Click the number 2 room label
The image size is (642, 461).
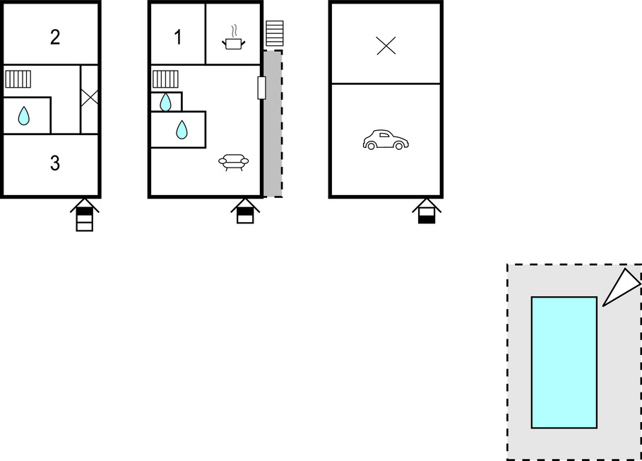[x=55, y=37]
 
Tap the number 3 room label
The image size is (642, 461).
[x=55, y=163]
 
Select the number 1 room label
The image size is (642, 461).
[x=178, y=37]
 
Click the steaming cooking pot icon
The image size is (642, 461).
[x=233, y=37]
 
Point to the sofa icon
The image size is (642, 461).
[x=233, y=163]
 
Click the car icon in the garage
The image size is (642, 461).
[x=386, y=140]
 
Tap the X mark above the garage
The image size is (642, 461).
[x=386, y=45]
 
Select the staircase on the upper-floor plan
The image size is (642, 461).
[x=18, y=79]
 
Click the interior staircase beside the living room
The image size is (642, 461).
[x=165, y=79]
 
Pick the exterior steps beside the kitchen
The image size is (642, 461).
[x=274, y=34]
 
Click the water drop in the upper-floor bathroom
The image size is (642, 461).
[x=24, y=116]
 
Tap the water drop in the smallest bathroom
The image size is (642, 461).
[x=165, y=102]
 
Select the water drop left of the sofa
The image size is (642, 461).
[x=182, y=130]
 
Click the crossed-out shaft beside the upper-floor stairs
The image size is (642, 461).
[x=89, y=98]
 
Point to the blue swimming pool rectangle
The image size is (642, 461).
[x=564, y=363]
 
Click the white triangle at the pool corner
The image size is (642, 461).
[x=622, y=287]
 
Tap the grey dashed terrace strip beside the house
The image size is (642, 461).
[x=273, y=124]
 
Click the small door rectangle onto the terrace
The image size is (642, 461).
[x=261, y=88]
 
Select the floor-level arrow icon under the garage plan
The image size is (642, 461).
[x=427, y=211]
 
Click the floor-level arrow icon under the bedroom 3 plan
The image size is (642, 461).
[x=85, y=215]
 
